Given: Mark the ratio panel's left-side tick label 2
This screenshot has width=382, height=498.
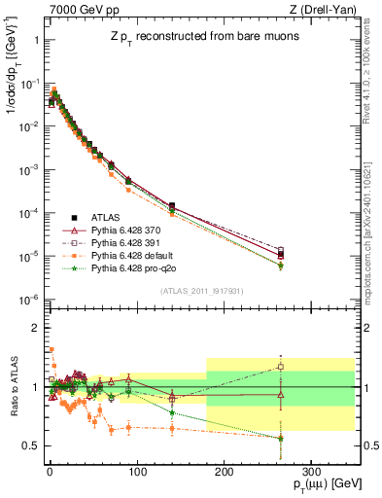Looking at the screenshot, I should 35,328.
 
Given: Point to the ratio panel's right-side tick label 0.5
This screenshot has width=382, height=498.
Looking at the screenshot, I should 369,445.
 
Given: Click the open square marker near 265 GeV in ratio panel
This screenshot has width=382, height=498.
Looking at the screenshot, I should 280,367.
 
